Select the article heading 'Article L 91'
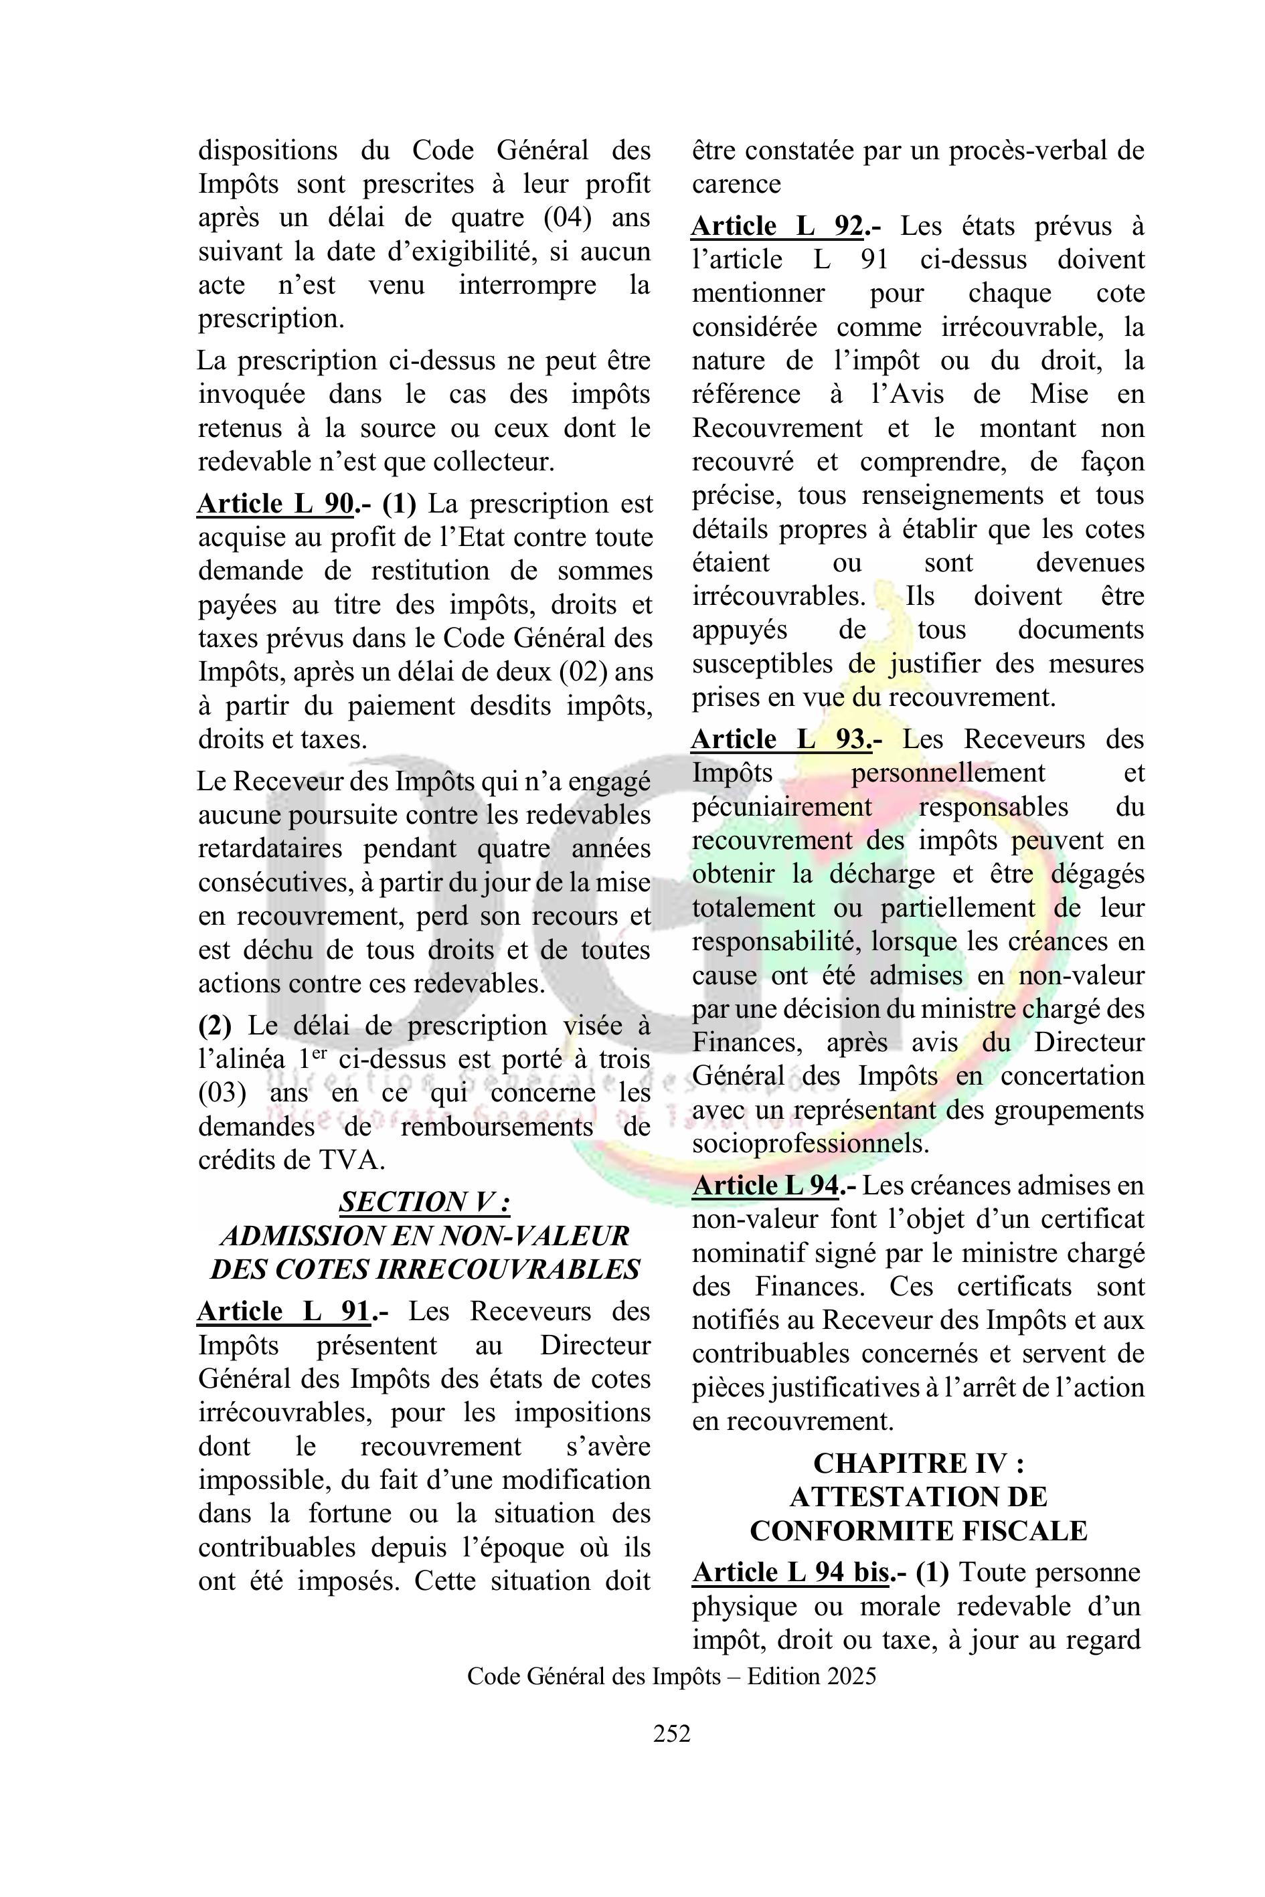(283, 1312)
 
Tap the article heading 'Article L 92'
(777, 227)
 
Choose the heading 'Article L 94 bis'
(790, 1572)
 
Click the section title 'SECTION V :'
(424, 1202)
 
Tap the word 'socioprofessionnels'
(810, 1144)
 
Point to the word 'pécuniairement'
(781, 808)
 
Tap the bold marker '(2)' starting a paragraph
(215, 1026)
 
